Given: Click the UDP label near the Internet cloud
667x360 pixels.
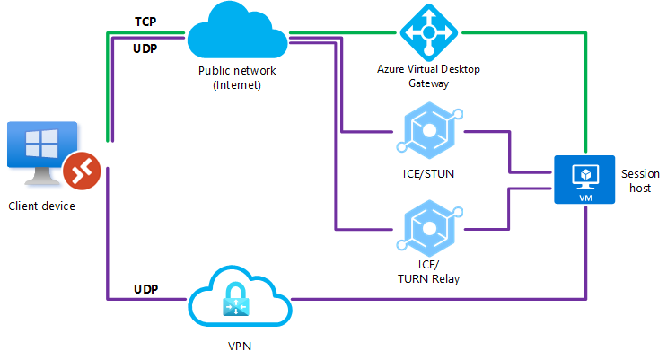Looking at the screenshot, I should click(x=145, y=48).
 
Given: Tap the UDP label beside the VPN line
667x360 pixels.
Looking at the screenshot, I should click(x=145, y=289).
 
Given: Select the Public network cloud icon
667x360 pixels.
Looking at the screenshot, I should click(x=237, y=31).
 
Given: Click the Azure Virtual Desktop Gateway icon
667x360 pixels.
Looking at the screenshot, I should click(x=428, y=32).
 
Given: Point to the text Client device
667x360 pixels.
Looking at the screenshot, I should click(x=41, y=206).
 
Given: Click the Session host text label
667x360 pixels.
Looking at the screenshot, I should click(x=639, y=180).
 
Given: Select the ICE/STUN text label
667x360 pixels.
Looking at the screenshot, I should click(x=428, y=174).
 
